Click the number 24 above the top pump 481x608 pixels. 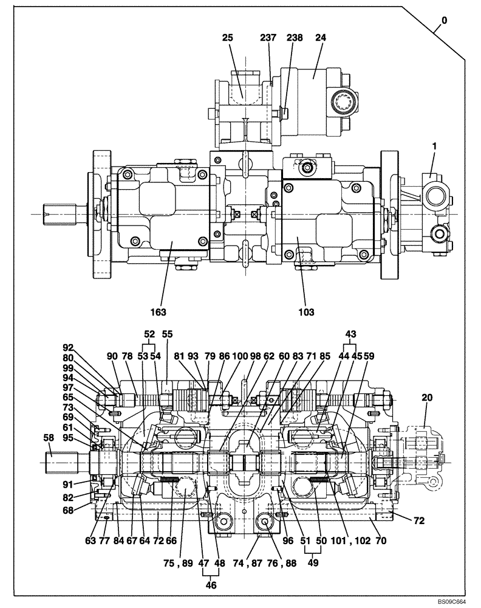(x=320, y=37)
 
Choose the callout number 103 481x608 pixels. (x=306, y=312)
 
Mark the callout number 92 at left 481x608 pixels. (x=67, y=348)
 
